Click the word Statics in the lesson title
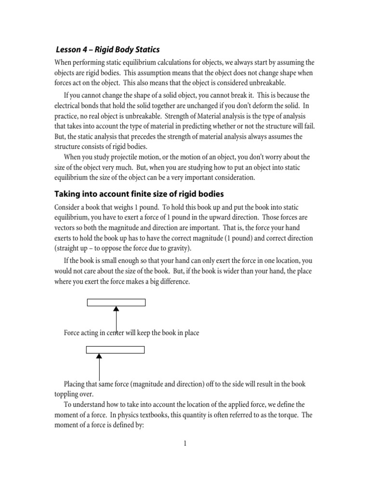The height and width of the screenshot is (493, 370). tap(145, 50)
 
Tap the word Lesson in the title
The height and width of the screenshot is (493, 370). tap(70, 50)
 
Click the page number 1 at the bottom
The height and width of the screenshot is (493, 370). tap(185, 443)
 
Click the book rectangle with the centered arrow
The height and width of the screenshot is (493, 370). tap(116, 302)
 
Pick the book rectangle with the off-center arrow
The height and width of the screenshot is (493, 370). tap(115, 350)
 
